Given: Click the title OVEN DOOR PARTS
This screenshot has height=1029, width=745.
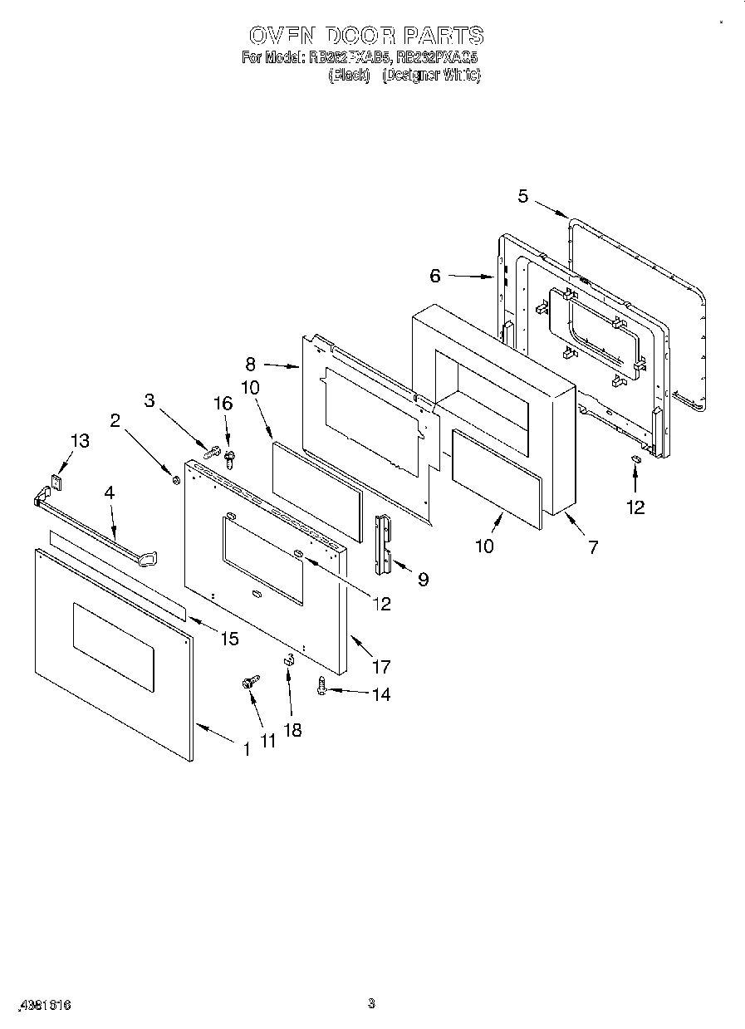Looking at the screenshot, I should coord(366,36).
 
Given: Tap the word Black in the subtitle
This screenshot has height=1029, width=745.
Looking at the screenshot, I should coord(349,75).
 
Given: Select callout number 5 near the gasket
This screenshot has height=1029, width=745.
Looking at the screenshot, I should coord(522,196).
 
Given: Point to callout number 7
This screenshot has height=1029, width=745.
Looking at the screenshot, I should coord(593,546).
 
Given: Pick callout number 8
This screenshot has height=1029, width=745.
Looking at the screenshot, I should coord(251,363).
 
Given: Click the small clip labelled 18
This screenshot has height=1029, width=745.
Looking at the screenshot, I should coord(289,661).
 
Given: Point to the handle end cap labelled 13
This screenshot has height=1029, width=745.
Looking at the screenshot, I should coord(57,480).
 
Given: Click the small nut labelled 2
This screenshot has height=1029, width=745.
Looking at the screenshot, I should coord(174,479).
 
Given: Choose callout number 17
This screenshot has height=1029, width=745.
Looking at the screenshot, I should coord(381,666).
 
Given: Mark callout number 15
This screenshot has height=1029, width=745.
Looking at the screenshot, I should coord(228,638).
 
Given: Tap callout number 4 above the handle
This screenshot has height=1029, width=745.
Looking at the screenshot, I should coord(109,492).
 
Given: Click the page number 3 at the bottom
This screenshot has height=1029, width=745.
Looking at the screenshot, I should coord(371,1003).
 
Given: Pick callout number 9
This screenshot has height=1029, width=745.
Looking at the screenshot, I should coord(423,579).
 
